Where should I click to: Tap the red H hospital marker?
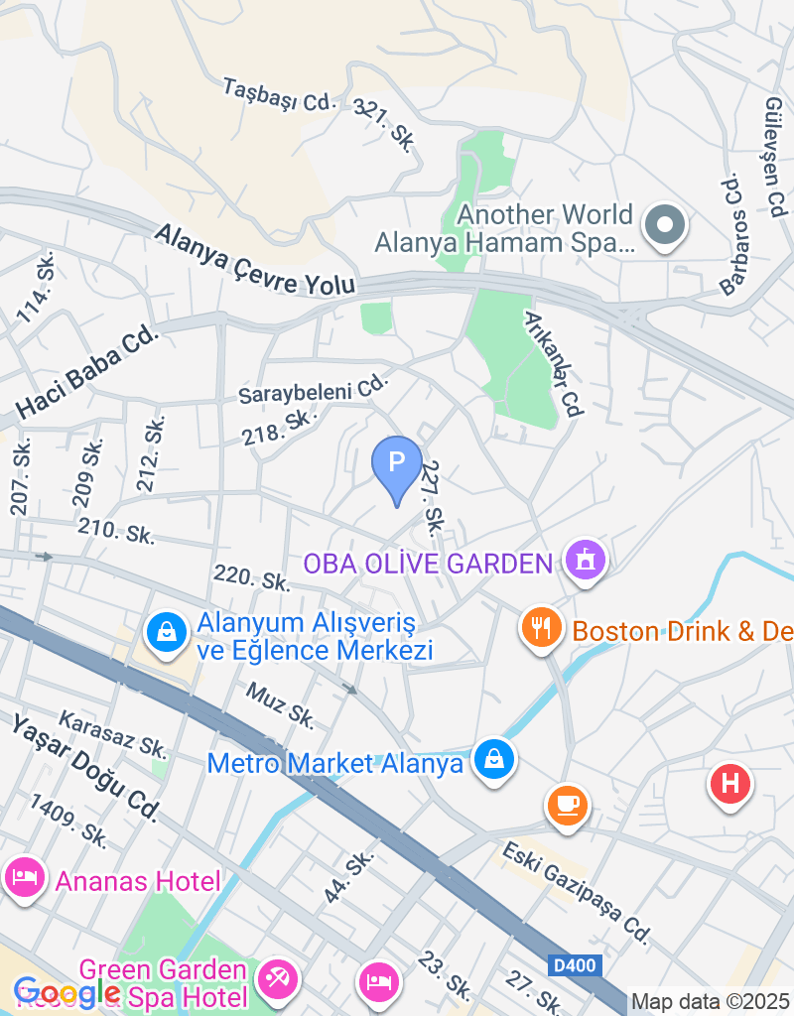730,784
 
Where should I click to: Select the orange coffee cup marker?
569,803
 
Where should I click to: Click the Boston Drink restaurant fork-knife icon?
541,628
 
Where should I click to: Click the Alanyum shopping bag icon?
167,630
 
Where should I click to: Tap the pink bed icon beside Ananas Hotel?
22,877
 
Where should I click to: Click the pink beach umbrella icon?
277,980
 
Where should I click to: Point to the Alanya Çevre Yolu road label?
255,258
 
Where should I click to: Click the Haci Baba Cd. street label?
87,373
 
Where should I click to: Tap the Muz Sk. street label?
280,702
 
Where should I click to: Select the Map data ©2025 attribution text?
712,1002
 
